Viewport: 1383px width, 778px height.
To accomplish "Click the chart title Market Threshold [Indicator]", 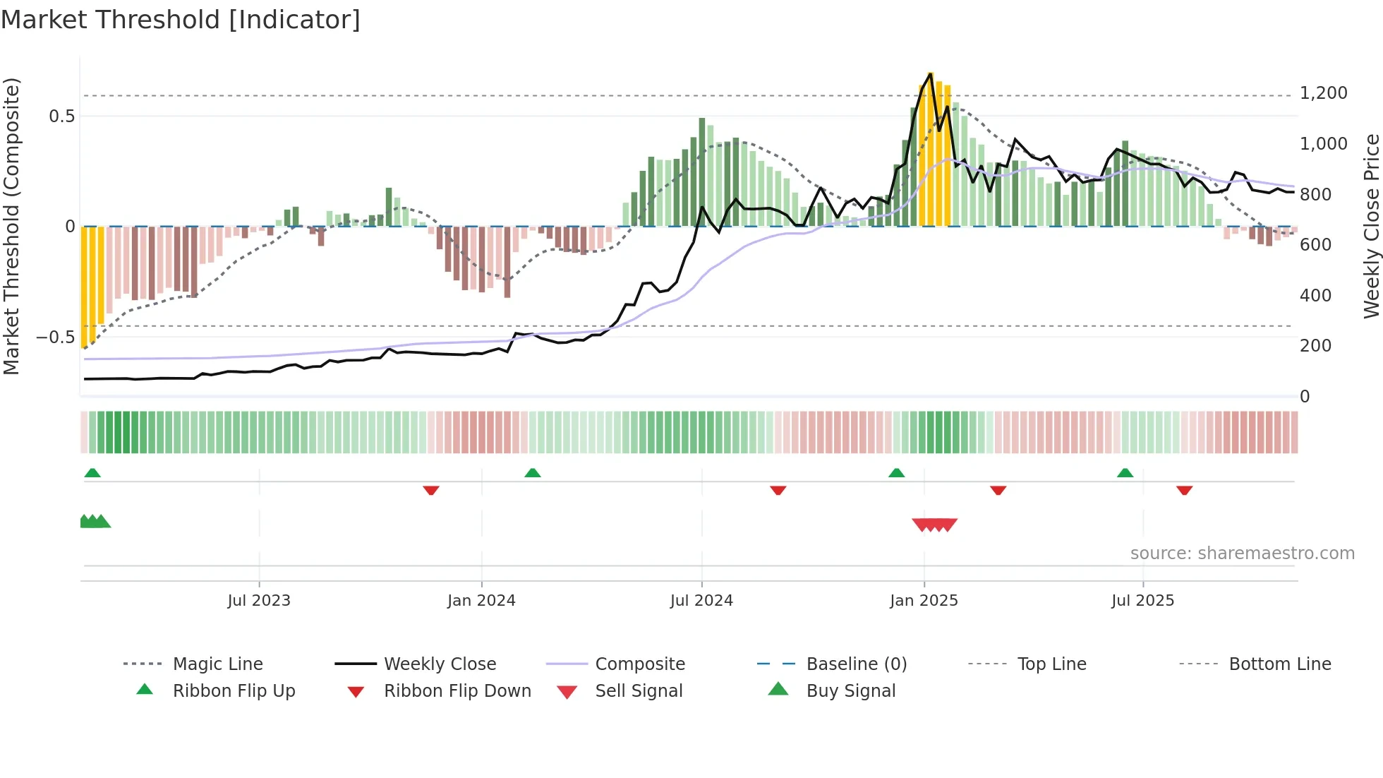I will pos(181,20).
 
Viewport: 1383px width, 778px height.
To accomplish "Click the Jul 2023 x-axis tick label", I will pos(259,600).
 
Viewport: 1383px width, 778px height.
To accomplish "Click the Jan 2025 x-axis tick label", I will pos(924,600).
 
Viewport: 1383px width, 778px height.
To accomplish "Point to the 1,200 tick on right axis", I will pos(1323,93).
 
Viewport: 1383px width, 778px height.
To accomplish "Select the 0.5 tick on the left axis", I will pos(62,116).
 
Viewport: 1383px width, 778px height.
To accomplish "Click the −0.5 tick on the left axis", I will pos(56,337).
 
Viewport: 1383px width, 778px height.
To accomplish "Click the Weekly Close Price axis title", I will pos(1371,226).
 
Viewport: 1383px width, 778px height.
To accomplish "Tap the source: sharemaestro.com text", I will pos(1242,553).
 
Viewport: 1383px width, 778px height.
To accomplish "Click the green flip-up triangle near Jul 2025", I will pos(1125,473).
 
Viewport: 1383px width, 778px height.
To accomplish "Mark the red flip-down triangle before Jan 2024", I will pos(431,490).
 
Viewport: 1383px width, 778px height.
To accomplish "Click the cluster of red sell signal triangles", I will pos(934,525).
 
